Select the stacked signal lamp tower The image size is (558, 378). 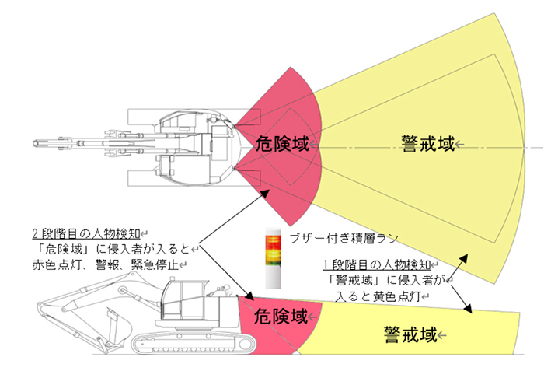click(x=271, y=257)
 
